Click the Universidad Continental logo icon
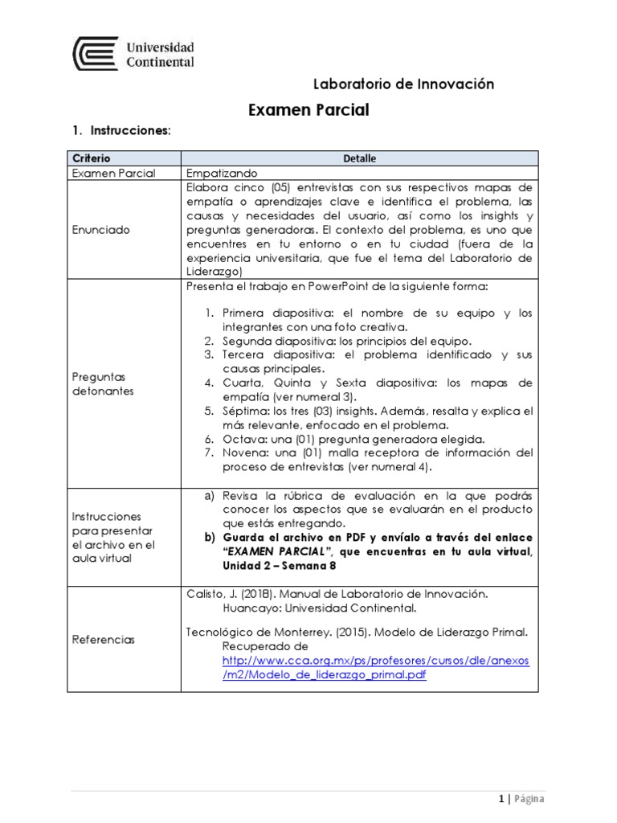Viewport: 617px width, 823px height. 95,53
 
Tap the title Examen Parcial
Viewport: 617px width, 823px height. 308,110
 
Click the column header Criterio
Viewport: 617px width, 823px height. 92,158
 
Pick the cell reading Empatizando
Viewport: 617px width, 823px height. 221,173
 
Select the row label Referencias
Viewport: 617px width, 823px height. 104,640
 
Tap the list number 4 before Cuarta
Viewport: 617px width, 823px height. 207,383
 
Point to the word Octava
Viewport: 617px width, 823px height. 243,438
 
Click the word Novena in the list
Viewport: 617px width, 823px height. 246,452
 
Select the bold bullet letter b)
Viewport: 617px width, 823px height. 211,536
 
